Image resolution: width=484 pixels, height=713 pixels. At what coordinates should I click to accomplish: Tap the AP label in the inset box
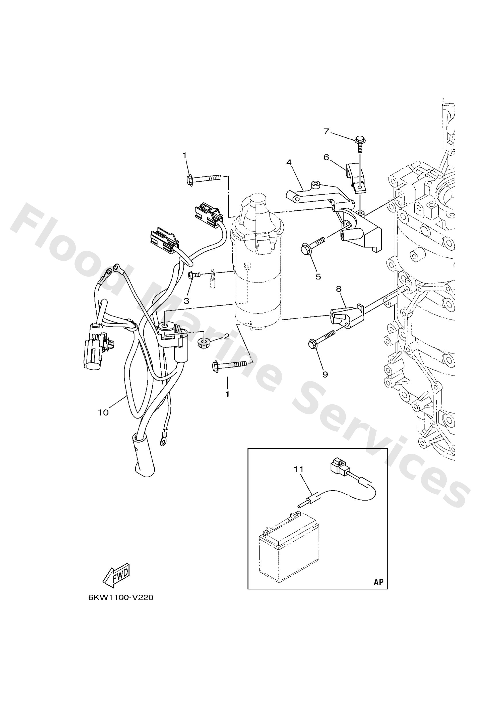(x=379, y=582)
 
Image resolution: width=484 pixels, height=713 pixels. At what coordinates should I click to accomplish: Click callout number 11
(x=298, y=469)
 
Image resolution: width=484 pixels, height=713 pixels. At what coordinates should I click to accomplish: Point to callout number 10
(x=103, y=413)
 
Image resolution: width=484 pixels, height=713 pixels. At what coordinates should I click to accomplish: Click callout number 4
(x=289, y=162)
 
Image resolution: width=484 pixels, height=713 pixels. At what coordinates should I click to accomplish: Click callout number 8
(x=339, y=289)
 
